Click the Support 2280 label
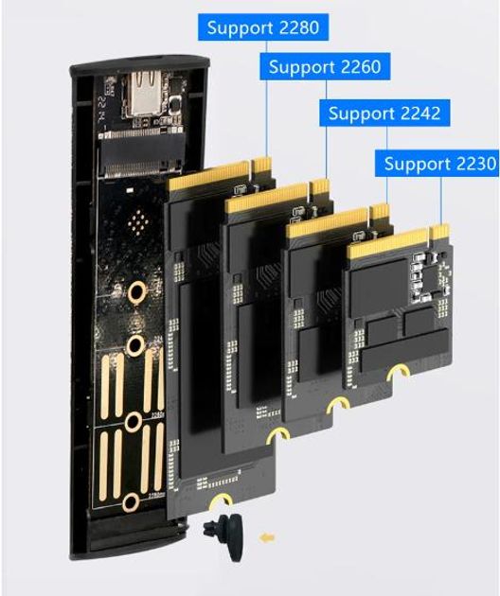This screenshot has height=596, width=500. [263, 27]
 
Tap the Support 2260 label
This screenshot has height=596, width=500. [325, 66]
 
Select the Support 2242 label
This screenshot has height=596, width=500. [384, 113]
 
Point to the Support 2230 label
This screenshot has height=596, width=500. [437, 164]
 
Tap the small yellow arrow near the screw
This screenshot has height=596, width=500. [267, 537]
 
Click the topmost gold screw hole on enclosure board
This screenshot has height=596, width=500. [137, 292]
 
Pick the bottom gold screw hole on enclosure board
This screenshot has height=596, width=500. [131, 502]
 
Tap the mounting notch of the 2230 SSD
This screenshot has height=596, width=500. [398, 374]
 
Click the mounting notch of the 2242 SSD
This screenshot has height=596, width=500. [338, 406]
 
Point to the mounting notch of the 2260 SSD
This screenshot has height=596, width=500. [278, 434]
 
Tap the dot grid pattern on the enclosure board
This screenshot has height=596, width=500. [138, 221]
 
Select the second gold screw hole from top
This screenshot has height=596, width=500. [135, 345]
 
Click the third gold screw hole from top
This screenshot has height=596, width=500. [134, 422]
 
